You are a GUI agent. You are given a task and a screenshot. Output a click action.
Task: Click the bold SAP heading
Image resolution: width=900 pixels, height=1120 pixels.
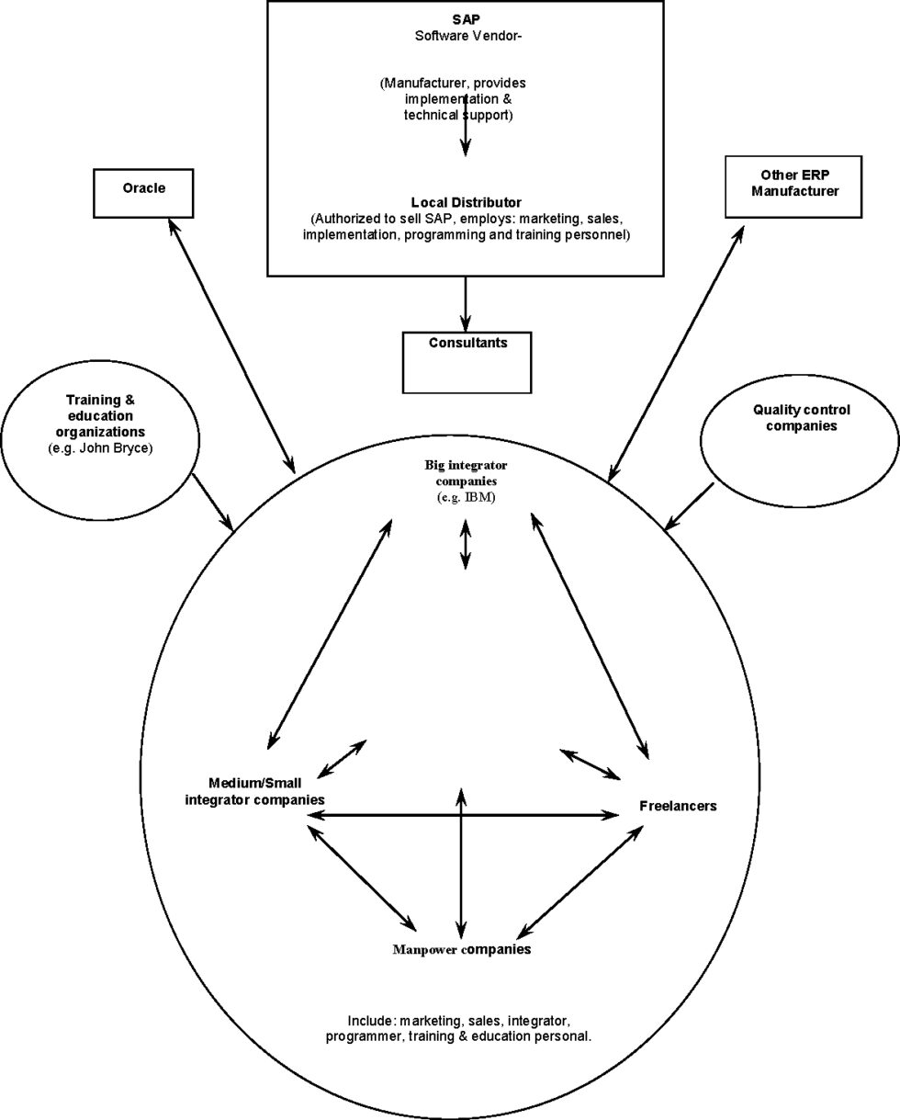[x=467, y=20]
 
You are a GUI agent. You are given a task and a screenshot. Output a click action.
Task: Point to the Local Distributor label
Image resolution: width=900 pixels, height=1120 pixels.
[x=467, y=202]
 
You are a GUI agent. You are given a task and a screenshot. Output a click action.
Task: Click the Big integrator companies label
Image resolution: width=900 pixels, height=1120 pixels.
[x=467, y=472]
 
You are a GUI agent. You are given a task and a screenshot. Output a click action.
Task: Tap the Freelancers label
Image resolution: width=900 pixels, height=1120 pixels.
[x=678, y=806]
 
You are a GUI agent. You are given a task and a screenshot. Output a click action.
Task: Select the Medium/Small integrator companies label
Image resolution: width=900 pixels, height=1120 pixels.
[x=255, y=791]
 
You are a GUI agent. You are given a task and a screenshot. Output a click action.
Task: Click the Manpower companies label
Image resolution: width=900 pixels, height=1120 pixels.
[x=462, y=949]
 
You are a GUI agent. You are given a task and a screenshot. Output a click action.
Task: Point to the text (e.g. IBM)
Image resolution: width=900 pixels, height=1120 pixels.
[x=467, y=497]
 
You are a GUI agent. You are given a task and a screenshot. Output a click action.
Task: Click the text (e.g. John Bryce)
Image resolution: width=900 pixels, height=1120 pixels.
[x=100, y=448]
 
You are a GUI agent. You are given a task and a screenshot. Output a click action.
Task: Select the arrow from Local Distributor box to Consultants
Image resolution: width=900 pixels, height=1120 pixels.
[x=466, y=304]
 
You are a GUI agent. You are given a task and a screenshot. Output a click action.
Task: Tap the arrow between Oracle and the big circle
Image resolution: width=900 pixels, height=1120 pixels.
[x=231, y=345]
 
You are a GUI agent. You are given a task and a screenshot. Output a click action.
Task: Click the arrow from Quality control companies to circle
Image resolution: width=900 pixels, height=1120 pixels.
[x=689, y=507]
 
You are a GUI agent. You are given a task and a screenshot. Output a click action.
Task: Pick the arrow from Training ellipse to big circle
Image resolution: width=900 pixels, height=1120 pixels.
[x=212, y=502]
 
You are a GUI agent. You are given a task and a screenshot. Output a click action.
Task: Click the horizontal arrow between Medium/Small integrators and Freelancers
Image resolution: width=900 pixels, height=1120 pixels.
[x=463, y=815]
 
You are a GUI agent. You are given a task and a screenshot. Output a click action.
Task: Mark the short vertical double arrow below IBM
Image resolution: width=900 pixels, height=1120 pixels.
[x=466, y=545]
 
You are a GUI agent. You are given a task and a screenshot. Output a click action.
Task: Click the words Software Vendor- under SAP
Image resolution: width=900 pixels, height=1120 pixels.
[x=468, y=36]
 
